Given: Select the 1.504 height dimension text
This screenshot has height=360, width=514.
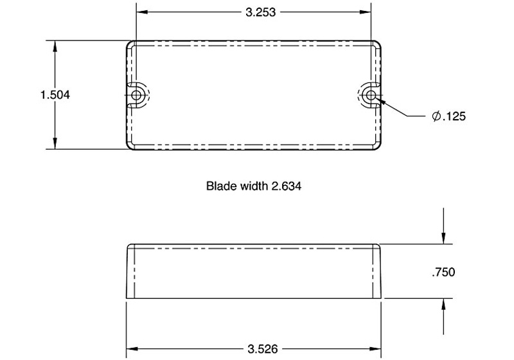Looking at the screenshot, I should click(x=55, y=94).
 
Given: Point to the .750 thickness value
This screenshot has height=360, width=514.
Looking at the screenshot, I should click(x=443, y=272).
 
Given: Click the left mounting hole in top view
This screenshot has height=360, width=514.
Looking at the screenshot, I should click(x=137, y=94).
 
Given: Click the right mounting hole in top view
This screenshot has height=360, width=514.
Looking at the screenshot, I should click(x=369, y=95).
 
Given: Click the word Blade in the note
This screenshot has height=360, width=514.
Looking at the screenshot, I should click(x=219, y=187).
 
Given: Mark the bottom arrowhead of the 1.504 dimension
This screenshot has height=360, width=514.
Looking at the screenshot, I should click(x=55, y=145).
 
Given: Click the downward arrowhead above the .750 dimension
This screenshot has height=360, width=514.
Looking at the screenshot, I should click(x=443, y=240).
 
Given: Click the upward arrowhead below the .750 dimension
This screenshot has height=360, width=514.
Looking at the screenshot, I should click(x=443, y=303).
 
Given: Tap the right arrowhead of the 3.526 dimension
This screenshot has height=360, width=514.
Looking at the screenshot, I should click(x=378, y=349).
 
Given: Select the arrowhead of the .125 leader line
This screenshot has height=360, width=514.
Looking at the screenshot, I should click(x=382, y=100).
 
